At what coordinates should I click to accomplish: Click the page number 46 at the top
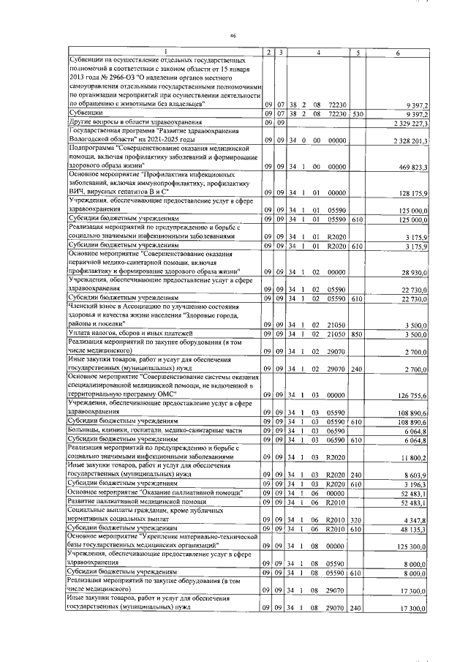pos(233,35)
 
